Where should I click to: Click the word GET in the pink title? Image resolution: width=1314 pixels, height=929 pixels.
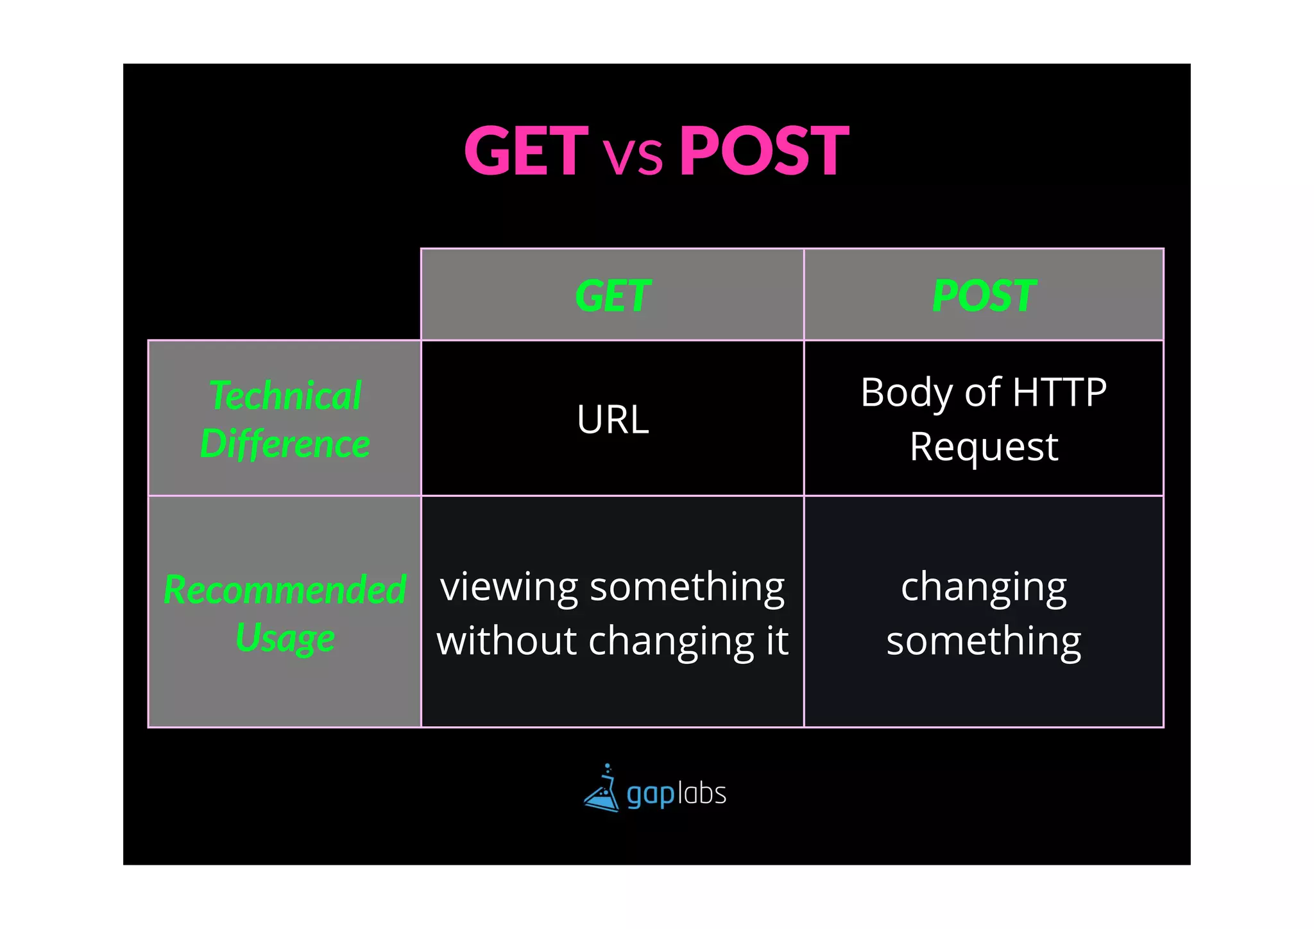(525, 152)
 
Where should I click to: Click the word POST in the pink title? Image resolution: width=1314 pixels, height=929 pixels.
(764, 152)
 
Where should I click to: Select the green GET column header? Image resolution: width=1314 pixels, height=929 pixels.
(613, 296)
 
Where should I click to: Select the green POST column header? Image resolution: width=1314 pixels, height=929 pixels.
(984, 296)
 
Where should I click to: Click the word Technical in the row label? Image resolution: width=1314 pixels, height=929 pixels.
(286, 395)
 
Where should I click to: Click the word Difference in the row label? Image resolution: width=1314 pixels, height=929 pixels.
(286, 444)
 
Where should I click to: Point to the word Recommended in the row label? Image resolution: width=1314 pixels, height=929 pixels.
(285, 589)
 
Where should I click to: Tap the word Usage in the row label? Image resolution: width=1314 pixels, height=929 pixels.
(285, 638)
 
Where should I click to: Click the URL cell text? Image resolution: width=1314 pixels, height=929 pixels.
(613, 420)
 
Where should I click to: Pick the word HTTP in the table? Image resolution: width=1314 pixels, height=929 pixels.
(1059, 393)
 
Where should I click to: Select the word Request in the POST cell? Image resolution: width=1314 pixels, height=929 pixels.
(984, 447)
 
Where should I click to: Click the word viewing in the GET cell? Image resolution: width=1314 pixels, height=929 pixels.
(509, 587)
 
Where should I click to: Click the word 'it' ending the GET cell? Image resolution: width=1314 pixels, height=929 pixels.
(776, 641)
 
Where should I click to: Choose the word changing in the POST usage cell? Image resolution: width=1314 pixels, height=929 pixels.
(984, 587)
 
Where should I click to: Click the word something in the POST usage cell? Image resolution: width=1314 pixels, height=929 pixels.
(984, 641)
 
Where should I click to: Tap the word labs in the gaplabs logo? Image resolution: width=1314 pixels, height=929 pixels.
(702, 794)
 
